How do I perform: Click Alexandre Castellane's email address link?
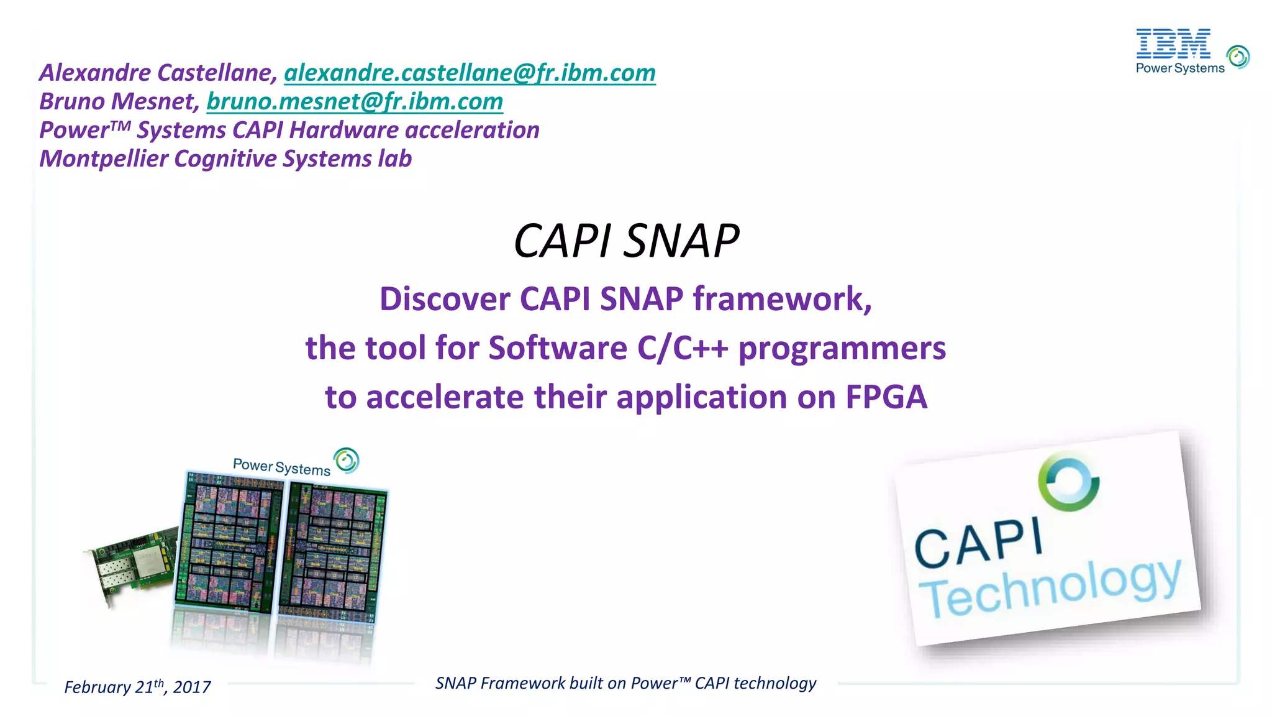pyautogui.click(x=470, y=73)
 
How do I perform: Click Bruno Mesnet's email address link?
pyautogui.click(x=355, y=102)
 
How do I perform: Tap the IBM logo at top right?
pyautogui.click(x=1173, y=44)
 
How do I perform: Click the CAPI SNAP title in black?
pyautogui.click(x=626, y=241)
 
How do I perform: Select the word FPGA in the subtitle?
pyautogui.click(x=886, y=397)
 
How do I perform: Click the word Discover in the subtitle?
pyautogui.click(x=445, y=299)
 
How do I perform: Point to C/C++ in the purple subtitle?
pyautogui.click(x=682, y=348)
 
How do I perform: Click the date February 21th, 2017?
pyautogui.click(x=137, y=687)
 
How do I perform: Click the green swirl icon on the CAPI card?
pyautogui.click(x=1068, y=482)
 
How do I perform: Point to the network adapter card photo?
pyautogui.click(x=130, y=562)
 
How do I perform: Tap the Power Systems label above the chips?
pyautogui.click(x=281, y=467)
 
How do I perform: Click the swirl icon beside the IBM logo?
pyautogui.click(x=1238, y=57)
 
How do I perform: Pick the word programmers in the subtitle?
pyautogui.click(x=842, y=348)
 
